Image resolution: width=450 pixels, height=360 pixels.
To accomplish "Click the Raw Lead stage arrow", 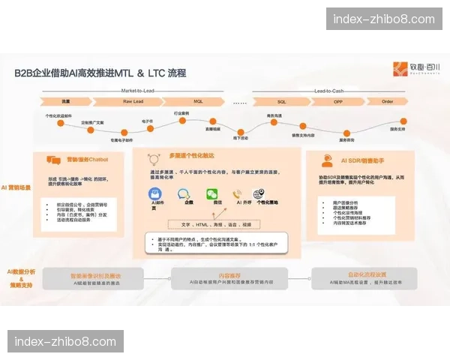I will [x=133, y=100].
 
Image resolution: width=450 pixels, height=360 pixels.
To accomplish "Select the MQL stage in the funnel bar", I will [x=198, y=100].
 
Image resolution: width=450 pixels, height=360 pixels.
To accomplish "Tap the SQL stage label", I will [x=281, y=100].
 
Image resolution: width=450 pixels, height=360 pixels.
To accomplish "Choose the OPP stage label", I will [x=337, y=100].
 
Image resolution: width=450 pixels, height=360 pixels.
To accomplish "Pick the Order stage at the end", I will [x=388, y=100].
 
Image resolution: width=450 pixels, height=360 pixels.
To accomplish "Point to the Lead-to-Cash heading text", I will [x=331, y=91].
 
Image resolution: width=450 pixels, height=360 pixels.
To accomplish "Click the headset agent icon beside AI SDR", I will [x=328, y=160].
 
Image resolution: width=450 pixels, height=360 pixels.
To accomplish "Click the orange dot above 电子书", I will [x=148, y=124].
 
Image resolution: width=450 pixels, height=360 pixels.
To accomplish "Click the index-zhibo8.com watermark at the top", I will [x=383, y=19].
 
